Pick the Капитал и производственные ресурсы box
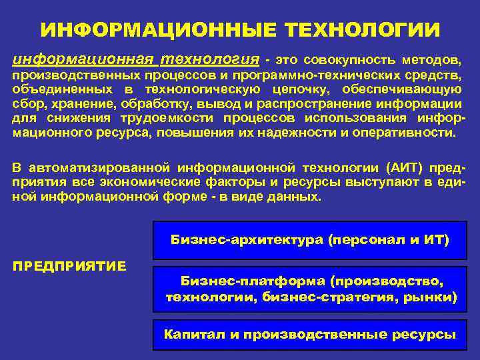[x=310, y=335]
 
